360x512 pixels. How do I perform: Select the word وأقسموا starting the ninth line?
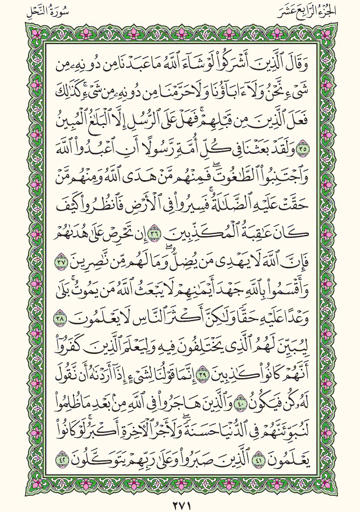click(283, 290)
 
